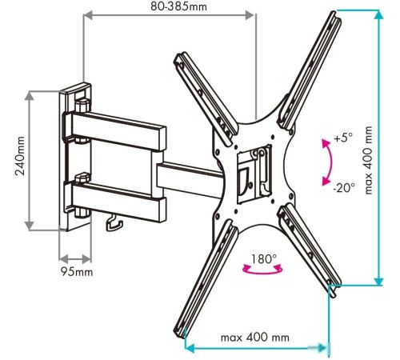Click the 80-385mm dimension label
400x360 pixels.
[178, 6]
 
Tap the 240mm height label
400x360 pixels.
[20, 156]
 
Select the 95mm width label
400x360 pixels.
[77, 272]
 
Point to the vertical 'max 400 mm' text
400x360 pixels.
[368, 160]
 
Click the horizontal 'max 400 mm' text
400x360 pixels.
[255, 338]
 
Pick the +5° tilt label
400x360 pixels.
[343, 138]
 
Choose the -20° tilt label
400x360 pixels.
[344, 188]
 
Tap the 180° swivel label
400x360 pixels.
[264, 258]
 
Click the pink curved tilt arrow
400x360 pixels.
[331, 162]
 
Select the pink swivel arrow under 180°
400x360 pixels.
[262, 272]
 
